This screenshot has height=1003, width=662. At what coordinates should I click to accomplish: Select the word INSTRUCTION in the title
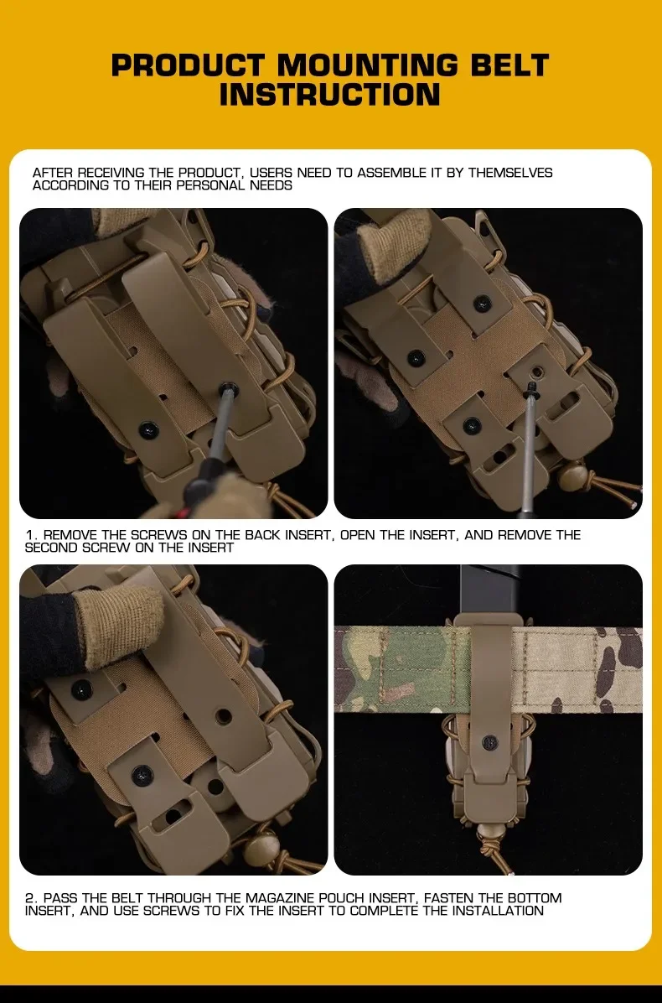point(329,94)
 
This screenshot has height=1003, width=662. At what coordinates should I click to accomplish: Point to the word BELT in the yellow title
point(510,65)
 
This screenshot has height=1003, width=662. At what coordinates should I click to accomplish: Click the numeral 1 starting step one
point(29,535)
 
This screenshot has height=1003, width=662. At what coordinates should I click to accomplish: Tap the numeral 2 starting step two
point(29,898)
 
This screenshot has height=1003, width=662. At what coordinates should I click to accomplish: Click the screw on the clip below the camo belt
point(491,743)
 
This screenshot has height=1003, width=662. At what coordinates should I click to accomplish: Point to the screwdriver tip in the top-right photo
point(530,387)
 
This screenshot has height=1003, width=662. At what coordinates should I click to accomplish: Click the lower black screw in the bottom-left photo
point(142,775)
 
